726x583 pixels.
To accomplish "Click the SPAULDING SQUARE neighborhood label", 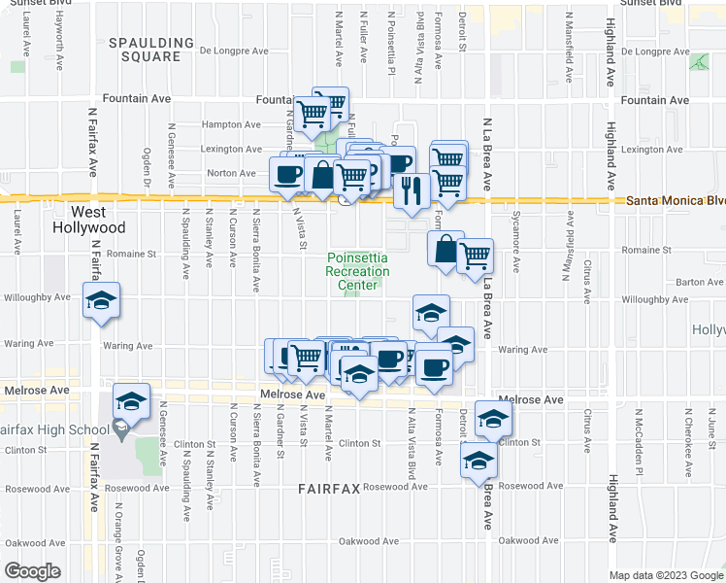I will [x=145, y=50].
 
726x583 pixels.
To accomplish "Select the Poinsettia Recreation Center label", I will [x=357, y=271].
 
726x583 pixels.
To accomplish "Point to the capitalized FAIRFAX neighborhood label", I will [x=329, y=491].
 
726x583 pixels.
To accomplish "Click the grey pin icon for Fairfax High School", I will [x=121, y=428].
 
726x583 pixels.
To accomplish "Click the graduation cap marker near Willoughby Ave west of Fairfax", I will [x=102, y=301].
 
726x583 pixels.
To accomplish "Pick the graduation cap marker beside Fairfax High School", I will [x=131, y=399].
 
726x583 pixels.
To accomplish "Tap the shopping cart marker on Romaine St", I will [x=475, y=257].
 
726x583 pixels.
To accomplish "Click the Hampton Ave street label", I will [x=231, y=125].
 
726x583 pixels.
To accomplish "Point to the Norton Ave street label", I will [x=231, y=174].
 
